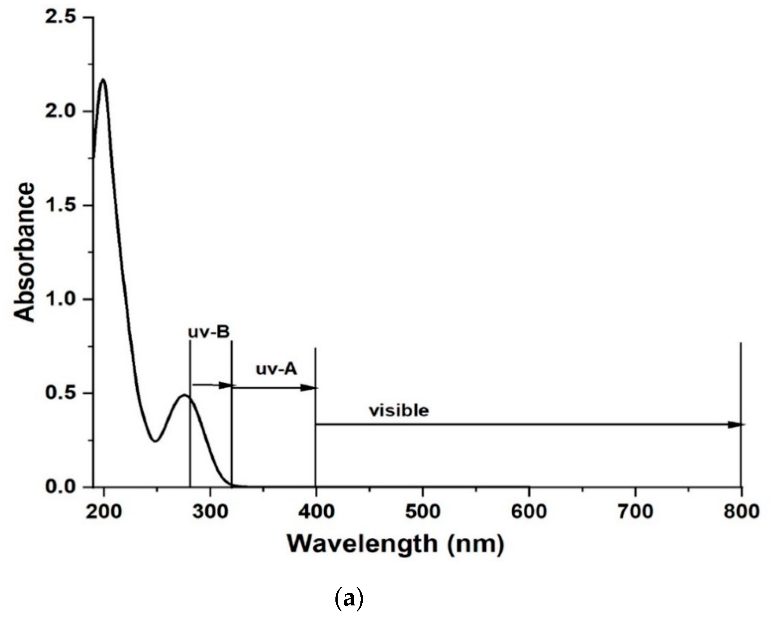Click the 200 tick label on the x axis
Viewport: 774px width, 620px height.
pyautogui.click(x=104, y=511)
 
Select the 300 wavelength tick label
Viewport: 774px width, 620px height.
pyautogui.click(x=210, y=511)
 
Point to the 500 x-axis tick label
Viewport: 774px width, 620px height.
pyautogui.click(x=423, y=511)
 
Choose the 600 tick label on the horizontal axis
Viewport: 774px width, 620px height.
pyautogui.click(x=529, y=511)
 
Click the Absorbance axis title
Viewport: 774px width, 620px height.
pyautogui.click(x=24, y=252)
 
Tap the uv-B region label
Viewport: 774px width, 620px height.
pyautogui.click(x=209, y=332)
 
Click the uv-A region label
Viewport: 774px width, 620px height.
pyautogui.click(x=277, y=369)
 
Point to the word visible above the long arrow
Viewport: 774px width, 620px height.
pyautogui.click(x=399, y=411)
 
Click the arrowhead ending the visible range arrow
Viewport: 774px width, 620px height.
pyautogui.click(x=736, y=425)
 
